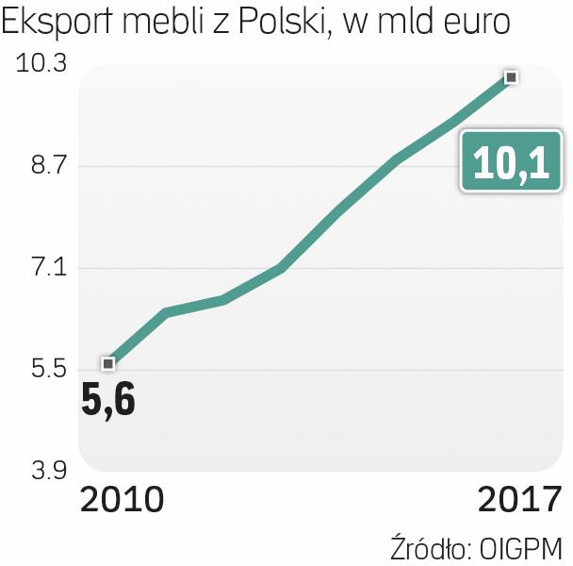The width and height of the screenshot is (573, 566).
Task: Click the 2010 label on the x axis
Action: (123, 500)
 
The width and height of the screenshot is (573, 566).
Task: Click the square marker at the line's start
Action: (108, 363)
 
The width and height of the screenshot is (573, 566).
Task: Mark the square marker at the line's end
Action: (511, 76)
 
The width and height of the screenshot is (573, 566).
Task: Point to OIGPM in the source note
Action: (521, 548)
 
